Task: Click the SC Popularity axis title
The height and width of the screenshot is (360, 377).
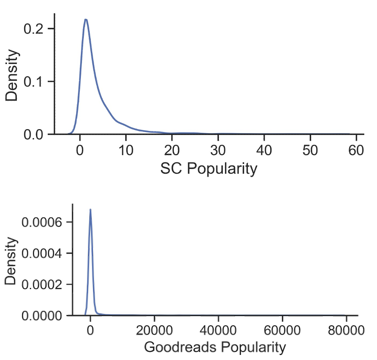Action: (209, 169)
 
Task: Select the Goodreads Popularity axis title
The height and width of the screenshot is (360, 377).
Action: (214, 347)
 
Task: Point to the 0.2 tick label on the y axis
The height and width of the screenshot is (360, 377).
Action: (34, 29)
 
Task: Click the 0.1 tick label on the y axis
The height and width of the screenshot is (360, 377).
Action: (34, 82)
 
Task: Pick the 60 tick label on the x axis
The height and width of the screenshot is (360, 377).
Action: (356, 150)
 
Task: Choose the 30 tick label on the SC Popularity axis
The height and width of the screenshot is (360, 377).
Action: (218, 150)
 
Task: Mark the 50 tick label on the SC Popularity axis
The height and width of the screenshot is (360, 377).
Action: (310, 150)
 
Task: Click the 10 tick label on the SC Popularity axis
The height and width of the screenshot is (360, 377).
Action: (126, 150)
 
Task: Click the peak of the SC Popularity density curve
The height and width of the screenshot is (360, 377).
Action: (86, 19)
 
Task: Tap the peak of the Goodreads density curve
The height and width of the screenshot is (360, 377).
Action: (90, 210)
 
